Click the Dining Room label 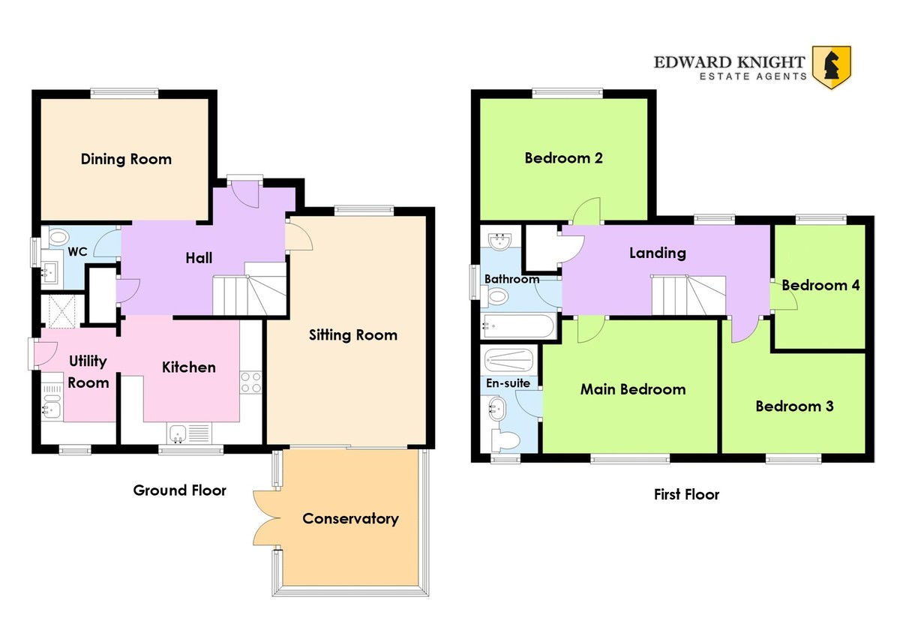[x=126, y=159]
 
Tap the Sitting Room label [x=353, y=335]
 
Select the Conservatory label [x=350, y=519]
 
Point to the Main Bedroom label [x=633, y=389]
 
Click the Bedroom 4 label [x=820, y=285]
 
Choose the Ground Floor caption [x=179, y=490]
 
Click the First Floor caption [x=687, y=494]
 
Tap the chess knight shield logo [x=831, y=67]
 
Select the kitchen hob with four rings [x=251, y=382]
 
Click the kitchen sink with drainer [x=190, y=433]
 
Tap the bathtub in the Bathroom [x=518, y=325]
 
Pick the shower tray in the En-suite [x=508, y=360]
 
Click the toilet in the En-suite [x=505, y=441]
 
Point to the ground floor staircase [x=250, y=289]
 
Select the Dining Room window [x=124, y=93]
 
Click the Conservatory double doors [x=267, y=519]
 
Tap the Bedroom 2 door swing [x=586, y=211]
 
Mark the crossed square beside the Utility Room [x=61, y=312]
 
